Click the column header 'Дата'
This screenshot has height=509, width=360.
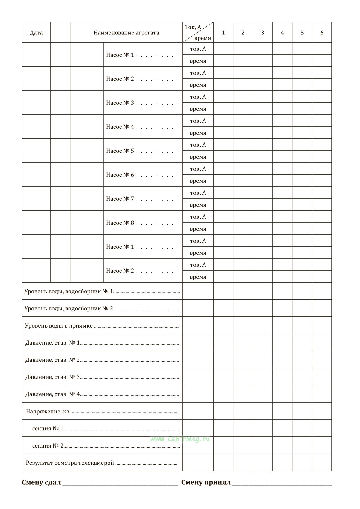point(36,33)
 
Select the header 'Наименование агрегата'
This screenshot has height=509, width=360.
point(126,33)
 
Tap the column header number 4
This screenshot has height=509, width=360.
point(282,33)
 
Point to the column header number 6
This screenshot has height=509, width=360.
point(322,33)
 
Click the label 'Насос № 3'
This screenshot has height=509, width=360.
point(120,103)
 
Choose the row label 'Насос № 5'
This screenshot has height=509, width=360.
point(120,151)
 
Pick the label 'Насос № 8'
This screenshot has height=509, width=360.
point(120,223)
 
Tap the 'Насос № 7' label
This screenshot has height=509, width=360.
point(120,199)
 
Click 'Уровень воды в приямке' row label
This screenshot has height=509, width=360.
point(59,326)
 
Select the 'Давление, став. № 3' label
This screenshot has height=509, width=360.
point(52,377)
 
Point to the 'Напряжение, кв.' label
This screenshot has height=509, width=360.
point(48,412)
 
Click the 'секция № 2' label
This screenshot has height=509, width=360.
point(48,446)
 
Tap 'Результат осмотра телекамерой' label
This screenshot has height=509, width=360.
point(70,463)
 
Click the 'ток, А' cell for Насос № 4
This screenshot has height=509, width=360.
point(198,121)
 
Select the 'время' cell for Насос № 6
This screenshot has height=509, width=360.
point(198,181)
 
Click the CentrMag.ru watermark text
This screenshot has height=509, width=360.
point(180,439)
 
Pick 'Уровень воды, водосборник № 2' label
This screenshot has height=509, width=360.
point(69,309)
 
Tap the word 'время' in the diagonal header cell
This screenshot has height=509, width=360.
point(202,38)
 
